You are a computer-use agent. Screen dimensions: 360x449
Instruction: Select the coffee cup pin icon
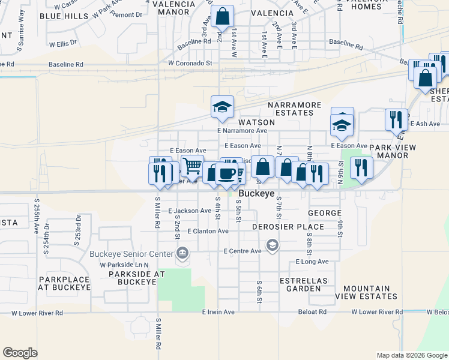point(226,173)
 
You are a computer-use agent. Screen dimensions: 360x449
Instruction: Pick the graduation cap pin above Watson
point(222,107)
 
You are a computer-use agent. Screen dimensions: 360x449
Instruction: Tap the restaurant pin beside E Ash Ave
point(396,119)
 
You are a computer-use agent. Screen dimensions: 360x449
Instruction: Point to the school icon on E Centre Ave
point(273,245)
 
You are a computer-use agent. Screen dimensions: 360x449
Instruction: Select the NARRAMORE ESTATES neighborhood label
point(291,109)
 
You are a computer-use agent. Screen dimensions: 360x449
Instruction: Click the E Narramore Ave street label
point(242,130)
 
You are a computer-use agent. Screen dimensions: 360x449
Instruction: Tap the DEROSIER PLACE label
point(289,227)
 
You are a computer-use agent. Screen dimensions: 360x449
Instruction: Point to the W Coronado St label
point(190,62)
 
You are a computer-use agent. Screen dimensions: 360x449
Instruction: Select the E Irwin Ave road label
point(218,312)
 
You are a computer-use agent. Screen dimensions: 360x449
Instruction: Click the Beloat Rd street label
point(313,312)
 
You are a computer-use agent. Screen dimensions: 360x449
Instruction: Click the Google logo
point(20,353)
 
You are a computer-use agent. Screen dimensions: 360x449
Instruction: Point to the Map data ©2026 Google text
point(411,355)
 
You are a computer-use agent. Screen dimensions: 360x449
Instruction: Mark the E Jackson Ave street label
point(190,211)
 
